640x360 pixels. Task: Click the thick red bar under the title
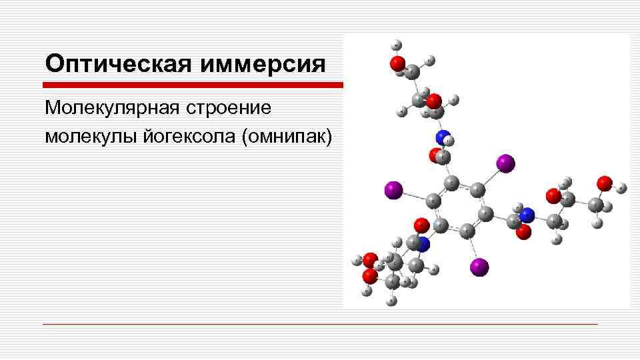click(193, 85)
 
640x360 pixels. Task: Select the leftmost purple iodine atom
click(393, 190)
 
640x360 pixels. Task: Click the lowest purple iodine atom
click(479, 267)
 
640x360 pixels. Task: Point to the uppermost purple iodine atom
click(505, 162)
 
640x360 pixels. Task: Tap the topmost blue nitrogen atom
click(443, 137)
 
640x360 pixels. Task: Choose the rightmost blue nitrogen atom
click(527, 215)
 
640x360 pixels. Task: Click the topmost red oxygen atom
click(397, 63)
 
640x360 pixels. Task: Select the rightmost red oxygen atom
click(604, 183)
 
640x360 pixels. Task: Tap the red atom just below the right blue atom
click(524, 231)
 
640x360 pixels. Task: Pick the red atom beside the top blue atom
click(437, 155)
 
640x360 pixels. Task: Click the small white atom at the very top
click(397, 45)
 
